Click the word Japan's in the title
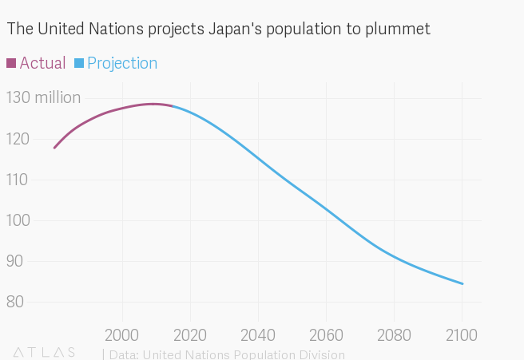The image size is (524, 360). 236,30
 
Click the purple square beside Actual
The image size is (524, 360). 11,63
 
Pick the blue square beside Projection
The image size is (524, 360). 79,63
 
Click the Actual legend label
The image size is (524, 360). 42,63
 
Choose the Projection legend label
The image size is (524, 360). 122,63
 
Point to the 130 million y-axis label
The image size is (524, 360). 43,98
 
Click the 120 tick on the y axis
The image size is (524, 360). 17,139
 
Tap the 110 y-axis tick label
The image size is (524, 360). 17,180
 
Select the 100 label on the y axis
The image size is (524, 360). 17,220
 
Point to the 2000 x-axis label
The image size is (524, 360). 122,333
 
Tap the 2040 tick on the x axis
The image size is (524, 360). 258,333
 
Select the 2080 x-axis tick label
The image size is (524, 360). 394,333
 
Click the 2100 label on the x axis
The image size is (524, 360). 462,333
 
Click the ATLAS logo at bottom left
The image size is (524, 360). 45,352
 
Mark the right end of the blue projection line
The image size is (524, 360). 462,283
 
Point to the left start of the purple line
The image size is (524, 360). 54,148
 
